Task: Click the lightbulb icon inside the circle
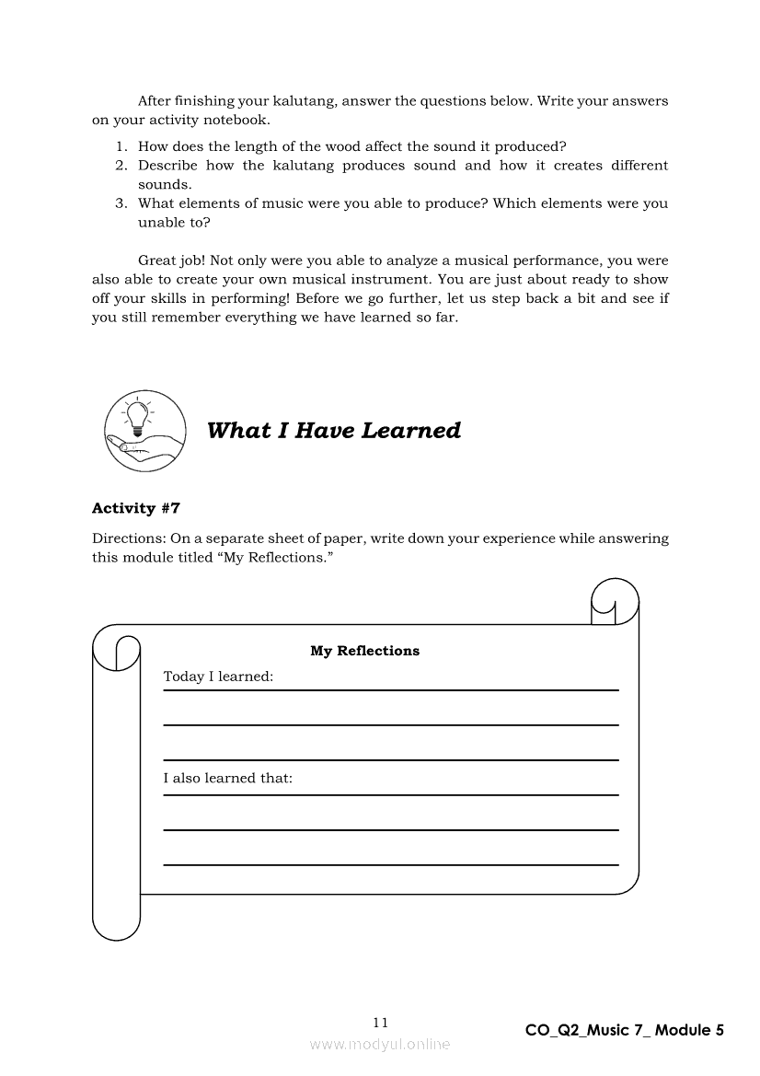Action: pyautogui.click(x=137, y=416)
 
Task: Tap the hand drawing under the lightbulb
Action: pyautogui.click(x=142, y=445)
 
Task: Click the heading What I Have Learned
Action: pyautogui.click(x=334, y=431)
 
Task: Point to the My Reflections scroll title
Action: pyautogui.click(x=364, y=651)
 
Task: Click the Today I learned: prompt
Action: pyautogui.click(x=218, y=677)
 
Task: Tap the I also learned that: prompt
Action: pyautogui.click(x=228, y=779)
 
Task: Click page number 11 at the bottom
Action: pyautogui.click(x=381, y=1023)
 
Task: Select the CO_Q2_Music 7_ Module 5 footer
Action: pyautogui.click(x=625, y=1031)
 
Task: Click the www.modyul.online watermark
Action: pyautogui.click(x=380, y=1045)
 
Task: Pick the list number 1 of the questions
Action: pyautogui.click(x=121, y=147)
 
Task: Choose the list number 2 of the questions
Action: pyautogui.click(x=121, y=166)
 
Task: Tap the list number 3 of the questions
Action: pyautogui.click(x=121, y=203)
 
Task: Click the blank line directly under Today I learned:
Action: pyautogui.click(x=391, y=725)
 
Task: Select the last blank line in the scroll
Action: pyautogui.click(x=391, y=865)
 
